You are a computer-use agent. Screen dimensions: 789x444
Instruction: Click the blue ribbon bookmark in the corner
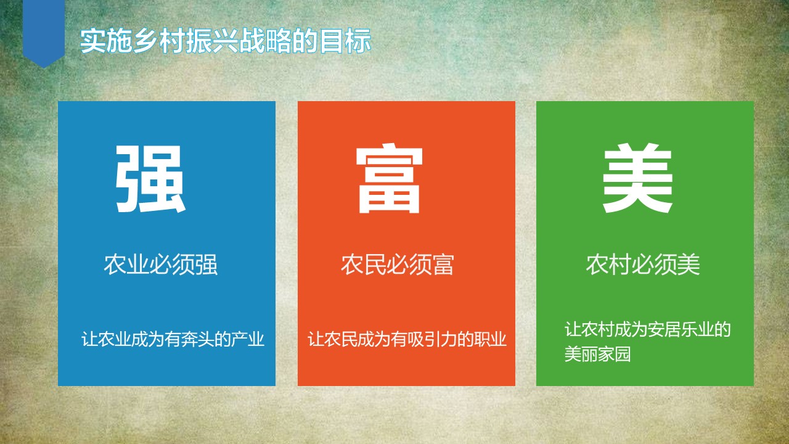[x=44, y=31]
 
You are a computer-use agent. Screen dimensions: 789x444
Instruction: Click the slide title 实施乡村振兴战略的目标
[x=226, y=41]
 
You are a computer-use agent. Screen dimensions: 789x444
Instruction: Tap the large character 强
[x=150, y=179]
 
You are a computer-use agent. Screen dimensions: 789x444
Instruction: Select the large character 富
[x=389, y=178]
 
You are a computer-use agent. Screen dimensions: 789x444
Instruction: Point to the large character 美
[x=637, y=178]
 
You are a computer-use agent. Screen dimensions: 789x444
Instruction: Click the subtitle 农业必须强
[x=161, y=265]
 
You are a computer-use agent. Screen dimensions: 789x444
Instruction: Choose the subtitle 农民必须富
[x=398, y=265]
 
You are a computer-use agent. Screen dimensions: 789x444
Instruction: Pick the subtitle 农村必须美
[x=643, y=265]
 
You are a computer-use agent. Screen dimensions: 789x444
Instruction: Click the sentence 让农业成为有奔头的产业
[x=173, y=339]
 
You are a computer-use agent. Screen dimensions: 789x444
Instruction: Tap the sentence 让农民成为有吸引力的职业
[x=407, y=339]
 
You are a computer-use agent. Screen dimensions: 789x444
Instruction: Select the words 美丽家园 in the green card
[x=597, y=354]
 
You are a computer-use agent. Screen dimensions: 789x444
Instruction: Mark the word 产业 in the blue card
[x=248, y=339]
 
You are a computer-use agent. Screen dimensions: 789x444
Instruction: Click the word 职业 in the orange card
[x=490, y=339]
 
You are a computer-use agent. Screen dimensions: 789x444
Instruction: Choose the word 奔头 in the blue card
[x=198, y=339]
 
